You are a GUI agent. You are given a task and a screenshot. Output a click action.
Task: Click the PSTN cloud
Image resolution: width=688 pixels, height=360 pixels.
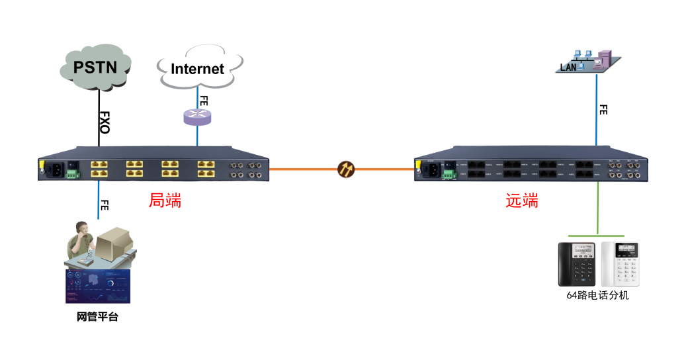click(x=96, y=67)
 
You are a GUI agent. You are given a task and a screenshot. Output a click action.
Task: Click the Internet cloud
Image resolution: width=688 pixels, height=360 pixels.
click(x=197, y=69)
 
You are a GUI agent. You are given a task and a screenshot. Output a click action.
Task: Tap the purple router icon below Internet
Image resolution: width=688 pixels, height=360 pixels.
click(x=197, y=117)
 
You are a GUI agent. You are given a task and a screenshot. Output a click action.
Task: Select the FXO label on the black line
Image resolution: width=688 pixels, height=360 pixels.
click(x=104, y=122)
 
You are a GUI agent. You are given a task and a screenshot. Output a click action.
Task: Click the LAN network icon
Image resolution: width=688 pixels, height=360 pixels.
click(x=589, y=62)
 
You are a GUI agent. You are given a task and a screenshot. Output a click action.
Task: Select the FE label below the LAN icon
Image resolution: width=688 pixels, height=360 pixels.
click(x=603, y=110)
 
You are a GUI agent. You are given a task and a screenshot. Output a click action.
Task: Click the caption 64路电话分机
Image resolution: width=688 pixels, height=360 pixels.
click(x=597, y=296)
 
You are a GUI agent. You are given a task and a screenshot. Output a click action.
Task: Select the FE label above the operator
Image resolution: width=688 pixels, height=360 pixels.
click(x=104, y=205)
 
